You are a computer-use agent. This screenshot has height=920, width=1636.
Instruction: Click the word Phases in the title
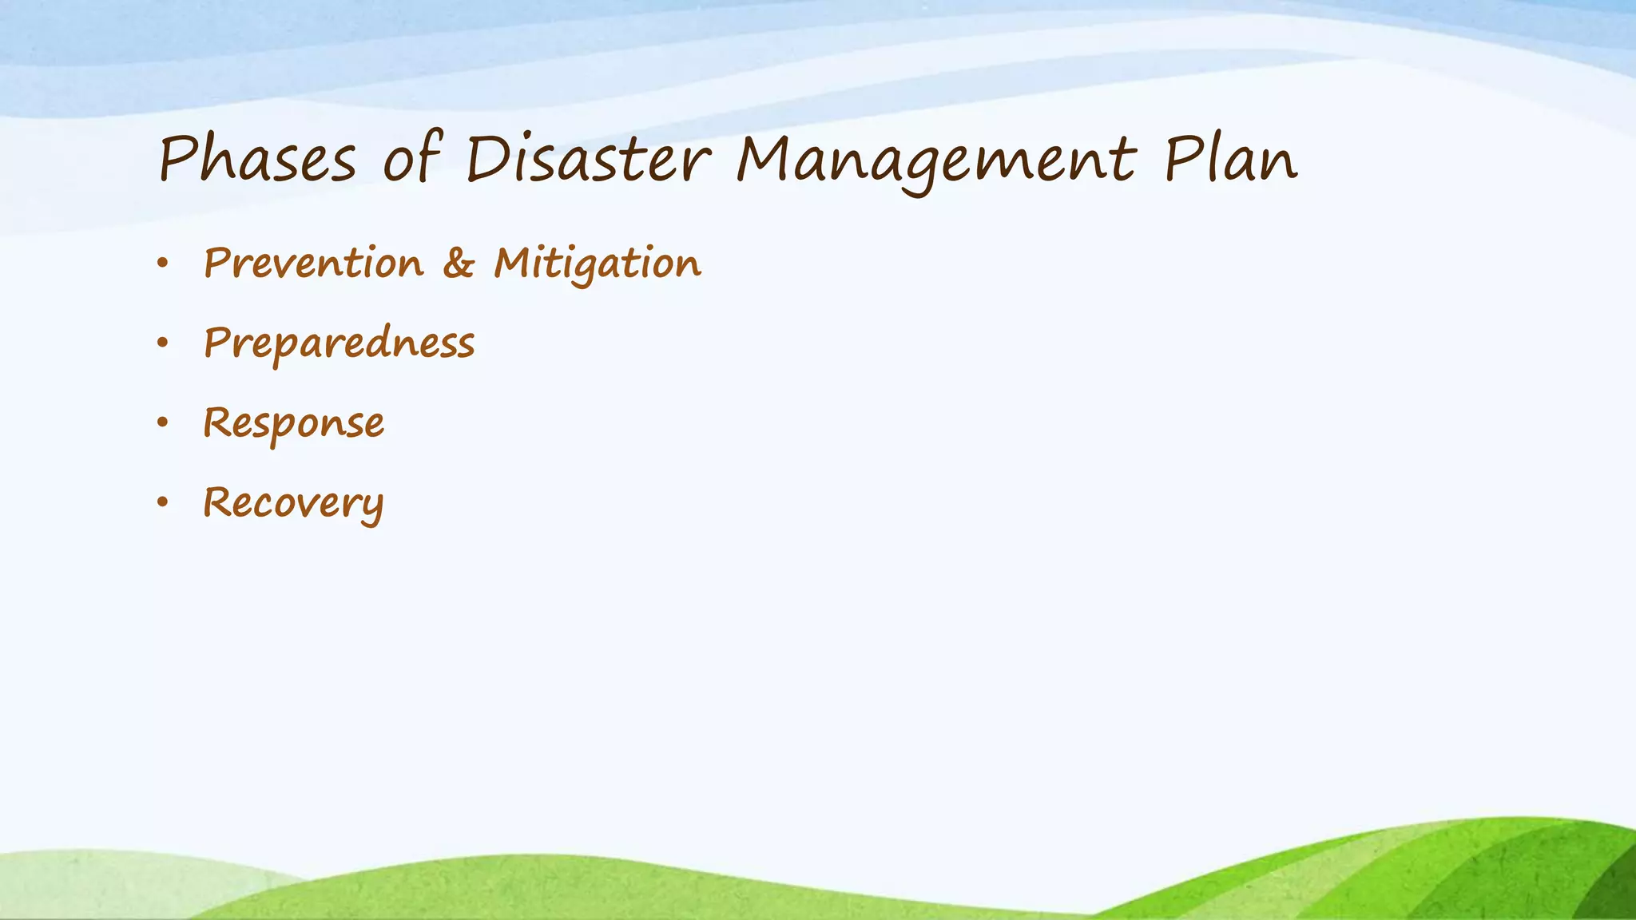click(x=257, y=159)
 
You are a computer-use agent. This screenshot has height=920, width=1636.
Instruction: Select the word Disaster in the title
click(x=587, y=159)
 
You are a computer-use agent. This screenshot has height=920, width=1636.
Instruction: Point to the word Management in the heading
click(x=935, y=161)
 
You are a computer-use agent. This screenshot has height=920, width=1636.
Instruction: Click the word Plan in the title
click(x=1230, y=159)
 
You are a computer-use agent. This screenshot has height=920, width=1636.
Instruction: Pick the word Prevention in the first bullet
click(x=313, y=263)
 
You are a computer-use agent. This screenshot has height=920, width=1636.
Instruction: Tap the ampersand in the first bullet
click(x=459, y=263)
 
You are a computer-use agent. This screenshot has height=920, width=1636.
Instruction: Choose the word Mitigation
click(x=598, y=264)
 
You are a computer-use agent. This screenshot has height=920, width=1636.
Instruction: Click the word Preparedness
click(x=339, y=344)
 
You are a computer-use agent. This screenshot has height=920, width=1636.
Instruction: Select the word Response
click(x=293, y=423)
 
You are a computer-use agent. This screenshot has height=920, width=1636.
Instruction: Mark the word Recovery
click(x=293, y=504)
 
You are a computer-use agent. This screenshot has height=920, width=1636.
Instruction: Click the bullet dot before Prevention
click(x=163, y=263)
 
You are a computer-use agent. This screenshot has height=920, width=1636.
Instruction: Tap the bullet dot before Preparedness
click(x=163, y=343)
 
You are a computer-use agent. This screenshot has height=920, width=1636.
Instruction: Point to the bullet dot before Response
click(x=163, y=422)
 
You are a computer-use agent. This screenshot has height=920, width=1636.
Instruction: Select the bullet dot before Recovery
click(x=163, y=502)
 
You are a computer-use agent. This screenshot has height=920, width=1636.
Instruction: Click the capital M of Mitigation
click(x=514, y=262)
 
